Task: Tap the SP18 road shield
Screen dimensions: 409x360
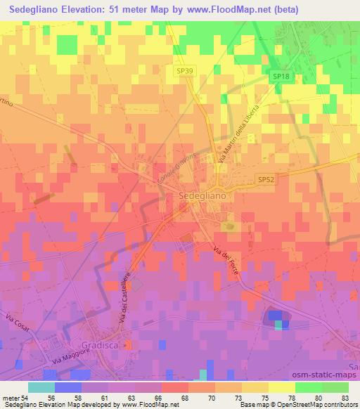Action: [x=280, y=77]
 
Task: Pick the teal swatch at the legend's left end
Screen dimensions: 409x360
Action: [x=41, y=387]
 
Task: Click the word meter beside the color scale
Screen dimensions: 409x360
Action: [x=9, y=398]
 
